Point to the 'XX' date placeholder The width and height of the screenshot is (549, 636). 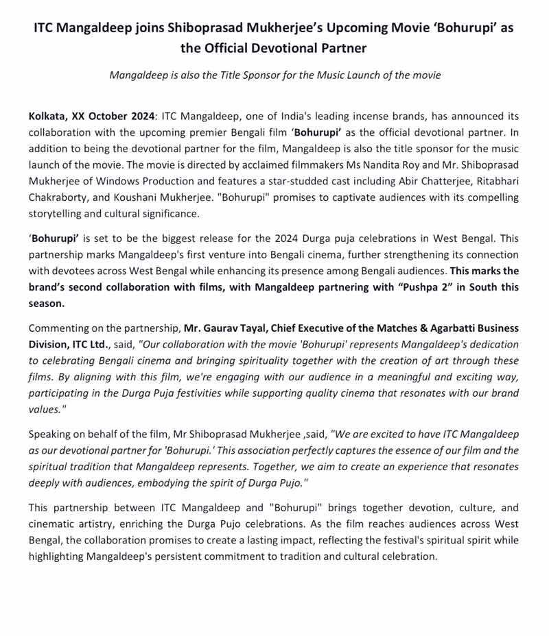[x=80, y=117]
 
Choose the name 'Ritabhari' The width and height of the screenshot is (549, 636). [x=495, y=182]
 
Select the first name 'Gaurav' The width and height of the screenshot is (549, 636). [x=220, y=328]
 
